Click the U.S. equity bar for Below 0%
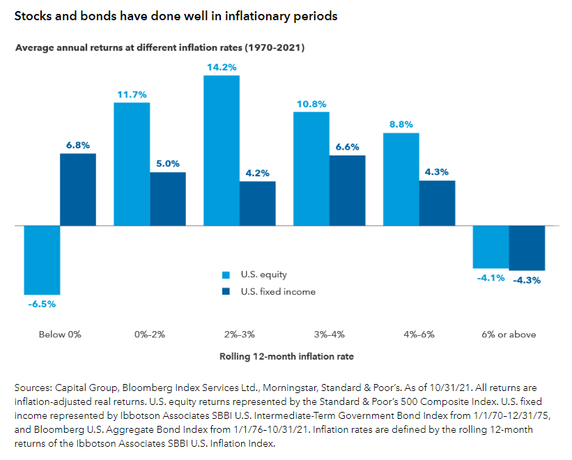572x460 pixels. (42, 259)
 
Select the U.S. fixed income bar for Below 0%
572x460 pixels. (77, 190)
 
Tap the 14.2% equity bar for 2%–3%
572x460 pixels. (221, 150)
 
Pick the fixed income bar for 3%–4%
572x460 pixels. (347, 190)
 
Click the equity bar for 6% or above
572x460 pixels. (490, 247)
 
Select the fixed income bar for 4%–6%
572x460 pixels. (437, 203)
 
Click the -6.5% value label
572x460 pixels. (42, 304)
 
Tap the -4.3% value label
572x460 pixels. (527, 280)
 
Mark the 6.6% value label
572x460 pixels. (347, 146)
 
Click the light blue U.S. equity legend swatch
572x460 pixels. (224, 275)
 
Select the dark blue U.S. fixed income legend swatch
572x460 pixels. (224, 291)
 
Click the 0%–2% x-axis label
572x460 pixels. (150, 335)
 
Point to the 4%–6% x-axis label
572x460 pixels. (419, 335)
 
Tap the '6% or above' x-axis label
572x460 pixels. (509, 335)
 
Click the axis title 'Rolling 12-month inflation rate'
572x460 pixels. (287, 356)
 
